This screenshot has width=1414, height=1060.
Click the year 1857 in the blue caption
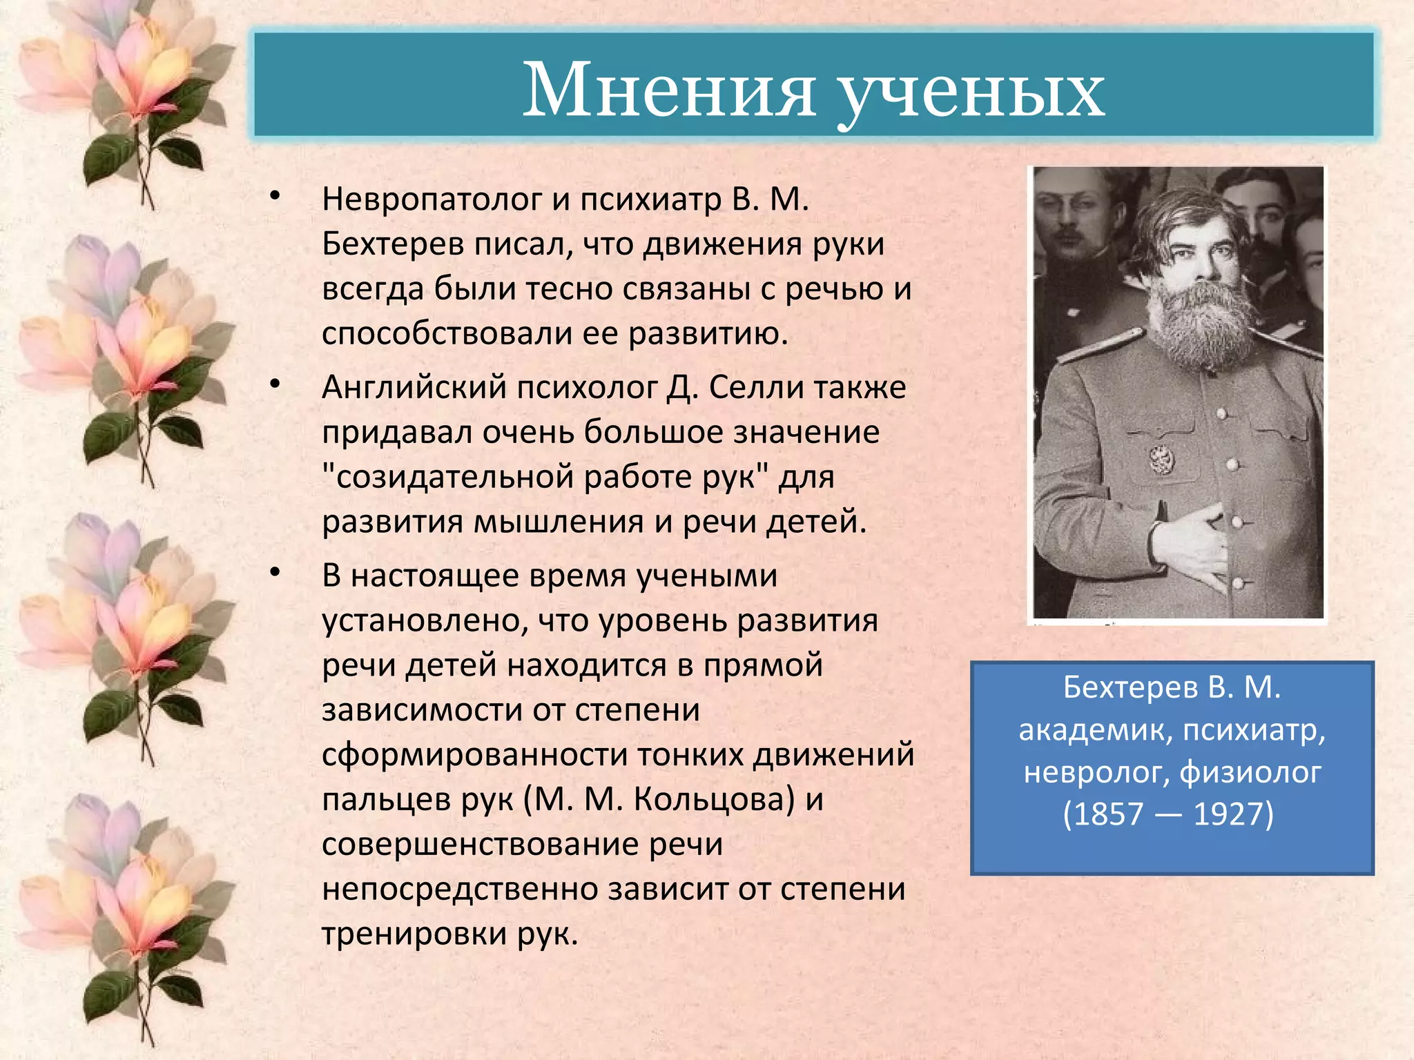(x=1108, y=814)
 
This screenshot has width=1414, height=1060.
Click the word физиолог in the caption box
(x=1250, y=772)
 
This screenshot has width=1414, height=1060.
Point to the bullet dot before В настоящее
(x=275, y=572)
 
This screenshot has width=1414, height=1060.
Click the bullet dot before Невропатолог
(x=275, y=196)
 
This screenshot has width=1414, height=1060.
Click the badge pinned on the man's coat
(x=1162, y=459)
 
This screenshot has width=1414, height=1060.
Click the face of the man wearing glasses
(x=1067, y=214)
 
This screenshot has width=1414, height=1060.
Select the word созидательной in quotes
(x=456, y=477)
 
